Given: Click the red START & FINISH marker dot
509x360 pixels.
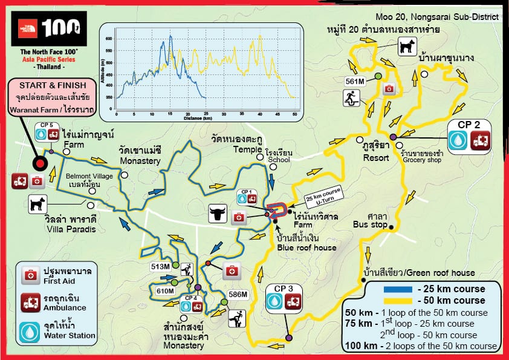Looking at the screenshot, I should coord(41,163).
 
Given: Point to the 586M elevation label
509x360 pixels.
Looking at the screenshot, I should coord(237,295).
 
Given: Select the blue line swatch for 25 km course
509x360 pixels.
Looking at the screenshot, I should coord(399,289).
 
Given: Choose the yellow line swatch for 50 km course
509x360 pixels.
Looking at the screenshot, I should coord(399,300).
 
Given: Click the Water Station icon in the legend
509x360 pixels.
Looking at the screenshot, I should coord(28,330).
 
